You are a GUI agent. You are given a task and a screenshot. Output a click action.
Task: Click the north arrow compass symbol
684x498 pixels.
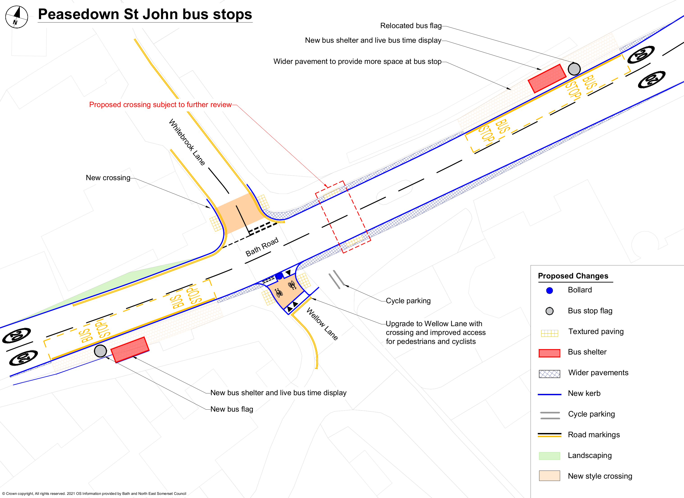[17, 17]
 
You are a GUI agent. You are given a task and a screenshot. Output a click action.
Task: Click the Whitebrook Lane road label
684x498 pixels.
[187, 142]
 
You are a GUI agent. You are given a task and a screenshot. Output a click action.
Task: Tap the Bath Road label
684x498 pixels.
[262, 247]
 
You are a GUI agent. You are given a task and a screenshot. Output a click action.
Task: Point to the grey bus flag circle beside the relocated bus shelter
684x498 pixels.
[574, 69]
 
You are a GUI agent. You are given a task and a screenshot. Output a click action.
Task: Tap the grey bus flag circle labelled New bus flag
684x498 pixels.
[100, 351]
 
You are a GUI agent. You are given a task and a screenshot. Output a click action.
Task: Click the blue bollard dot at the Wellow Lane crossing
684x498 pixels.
[279, 276]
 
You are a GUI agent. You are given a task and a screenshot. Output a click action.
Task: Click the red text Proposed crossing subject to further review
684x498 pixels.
[160, 105]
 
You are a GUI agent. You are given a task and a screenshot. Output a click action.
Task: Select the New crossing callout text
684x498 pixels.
[108, 178]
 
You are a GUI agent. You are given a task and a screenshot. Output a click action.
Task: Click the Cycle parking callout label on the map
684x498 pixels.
[408, 301]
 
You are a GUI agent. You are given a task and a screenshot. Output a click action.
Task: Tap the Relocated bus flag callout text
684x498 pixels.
[411, 26]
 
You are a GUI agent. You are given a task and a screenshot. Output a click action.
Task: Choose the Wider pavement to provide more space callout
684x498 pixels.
[357, 61]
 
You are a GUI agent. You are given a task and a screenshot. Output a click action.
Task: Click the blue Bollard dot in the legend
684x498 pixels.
[549, 291]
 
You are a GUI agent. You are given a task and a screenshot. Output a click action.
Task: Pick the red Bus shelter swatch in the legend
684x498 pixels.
[549, 353]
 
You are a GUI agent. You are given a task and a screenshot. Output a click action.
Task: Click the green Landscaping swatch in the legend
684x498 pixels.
[549, 456]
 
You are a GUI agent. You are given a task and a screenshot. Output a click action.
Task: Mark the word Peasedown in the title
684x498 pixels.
[78, 14]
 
